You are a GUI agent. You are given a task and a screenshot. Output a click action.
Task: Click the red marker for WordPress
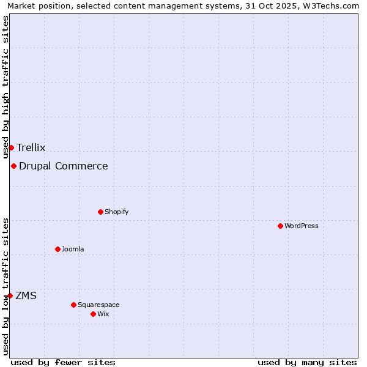pos(280,226)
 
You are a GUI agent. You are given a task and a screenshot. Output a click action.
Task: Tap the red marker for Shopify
pos(100,212)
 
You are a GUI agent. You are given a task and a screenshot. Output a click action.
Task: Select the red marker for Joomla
pos(57,249)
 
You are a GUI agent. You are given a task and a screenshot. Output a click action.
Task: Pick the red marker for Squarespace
pos(73,305)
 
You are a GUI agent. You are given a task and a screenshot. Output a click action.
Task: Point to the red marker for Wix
pos(93,314)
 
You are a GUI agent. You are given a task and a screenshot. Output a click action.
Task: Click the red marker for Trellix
pos(11,147)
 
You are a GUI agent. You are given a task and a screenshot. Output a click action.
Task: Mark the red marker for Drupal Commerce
pos(13,166)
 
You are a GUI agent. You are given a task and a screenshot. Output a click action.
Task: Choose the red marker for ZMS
pos(10,295)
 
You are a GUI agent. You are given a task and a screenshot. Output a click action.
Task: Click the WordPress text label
pos(302,226)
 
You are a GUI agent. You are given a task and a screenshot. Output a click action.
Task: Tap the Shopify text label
pos(116,212)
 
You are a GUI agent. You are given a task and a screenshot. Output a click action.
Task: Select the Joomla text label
pos(73,249)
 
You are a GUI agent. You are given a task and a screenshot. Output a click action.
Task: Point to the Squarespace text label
pos(98,305)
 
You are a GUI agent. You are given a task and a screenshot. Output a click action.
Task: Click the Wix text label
pos(103,314)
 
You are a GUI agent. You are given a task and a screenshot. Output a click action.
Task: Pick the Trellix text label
pos(31,147)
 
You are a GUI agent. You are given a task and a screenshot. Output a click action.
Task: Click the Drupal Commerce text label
pos(64,166)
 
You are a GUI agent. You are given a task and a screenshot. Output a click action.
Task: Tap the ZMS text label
pos(26,295)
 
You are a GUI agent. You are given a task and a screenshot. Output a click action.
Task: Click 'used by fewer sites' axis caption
pos(63,362)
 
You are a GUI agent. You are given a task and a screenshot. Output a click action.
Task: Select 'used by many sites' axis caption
pos(307,362)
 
